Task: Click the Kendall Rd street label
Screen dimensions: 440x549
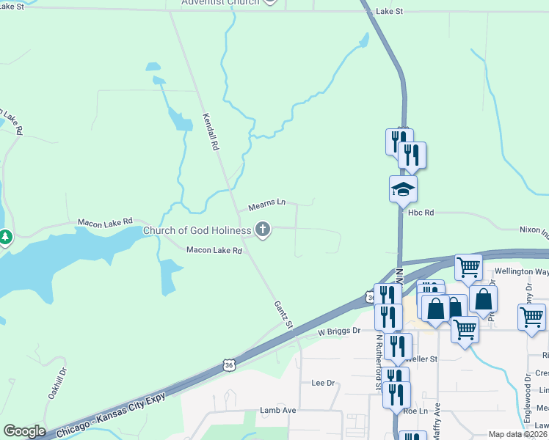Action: click(211, 131)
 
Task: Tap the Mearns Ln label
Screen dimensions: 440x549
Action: click(266, 202)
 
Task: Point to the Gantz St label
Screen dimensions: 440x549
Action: click(283, 314)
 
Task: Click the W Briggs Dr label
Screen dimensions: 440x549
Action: click(339, 331)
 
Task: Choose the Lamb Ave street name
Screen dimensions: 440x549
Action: click(277, 411)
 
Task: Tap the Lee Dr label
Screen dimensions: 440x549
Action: click(323, 383)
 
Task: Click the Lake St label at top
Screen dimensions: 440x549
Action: click(389, 12)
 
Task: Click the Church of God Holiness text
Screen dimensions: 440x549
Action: click(197, 230)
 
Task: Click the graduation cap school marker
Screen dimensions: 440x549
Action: click(403, 190)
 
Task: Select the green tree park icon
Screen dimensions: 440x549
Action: click(5, 238)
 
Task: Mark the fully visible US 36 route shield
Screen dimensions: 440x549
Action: click(230, 364)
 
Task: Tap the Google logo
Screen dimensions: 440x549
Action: click(24, 431)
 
